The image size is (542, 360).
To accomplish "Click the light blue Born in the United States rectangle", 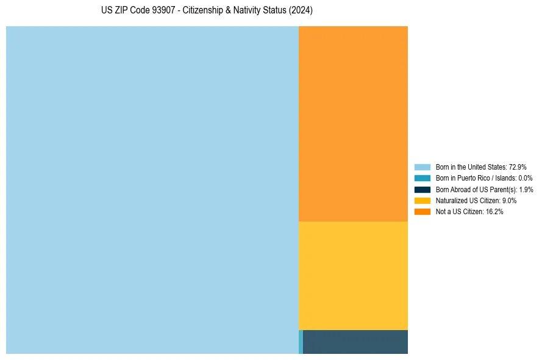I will coord(152,190).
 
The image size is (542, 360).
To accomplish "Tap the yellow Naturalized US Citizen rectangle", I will coord(353,275).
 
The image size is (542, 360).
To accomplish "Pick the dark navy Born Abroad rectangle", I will coord(355,342).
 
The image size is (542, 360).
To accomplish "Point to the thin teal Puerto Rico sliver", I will coord(301,342).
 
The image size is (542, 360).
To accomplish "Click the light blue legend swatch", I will coord(422,167).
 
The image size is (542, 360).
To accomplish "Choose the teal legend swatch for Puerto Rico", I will coord(422,178).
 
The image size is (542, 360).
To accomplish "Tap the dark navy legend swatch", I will coord(422,189).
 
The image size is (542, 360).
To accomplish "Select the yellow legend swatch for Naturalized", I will coord(422,200).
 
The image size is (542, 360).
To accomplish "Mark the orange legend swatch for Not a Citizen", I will coord(422,212).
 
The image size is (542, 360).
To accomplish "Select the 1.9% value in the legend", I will coord(526,189).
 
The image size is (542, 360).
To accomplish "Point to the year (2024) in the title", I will coord(301,11).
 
